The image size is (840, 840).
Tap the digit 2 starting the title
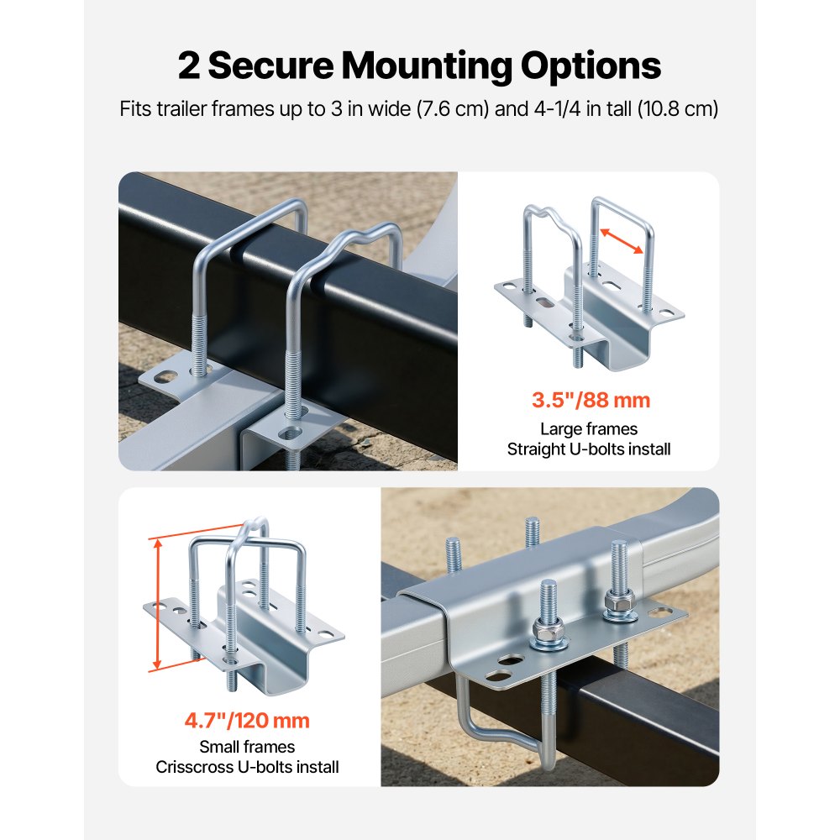[x=189, y=66]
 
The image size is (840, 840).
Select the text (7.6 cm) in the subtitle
[x=453, y=109]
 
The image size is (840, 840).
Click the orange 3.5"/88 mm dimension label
[x=591, y=400]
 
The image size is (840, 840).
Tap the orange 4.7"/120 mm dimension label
[x=247, y=720]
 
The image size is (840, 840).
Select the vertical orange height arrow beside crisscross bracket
[x=157, y=605]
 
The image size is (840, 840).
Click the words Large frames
[x=589, y=429]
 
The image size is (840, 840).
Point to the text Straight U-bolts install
[x=589, y=449]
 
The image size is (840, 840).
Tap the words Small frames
[x=247, y=746]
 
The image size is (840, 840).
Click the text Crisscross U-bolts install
[x=247, y=766]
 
